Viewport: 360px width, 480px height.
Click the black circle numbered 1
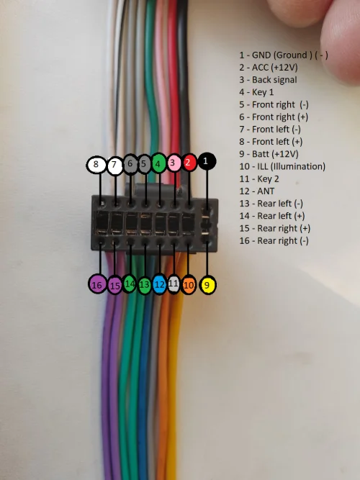pos(207,161)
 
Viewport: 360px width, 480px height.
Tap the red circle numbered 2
pos(189,162)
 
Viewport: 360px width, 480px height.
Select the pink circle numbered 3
pos(174,163)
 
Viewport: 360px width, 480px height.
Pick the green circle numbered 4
pos(159,163)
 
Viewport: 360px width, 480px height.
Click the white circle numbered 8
pos(96,164)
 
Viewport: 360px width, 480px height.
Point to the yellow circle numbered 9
pos(207,285)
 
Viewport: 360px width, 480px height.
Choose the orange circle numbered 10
pos(189,285)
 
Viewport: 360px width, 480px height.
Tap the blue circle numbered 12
pos(160,284)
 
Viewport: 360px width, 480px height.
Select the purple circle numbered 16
pos(97,285)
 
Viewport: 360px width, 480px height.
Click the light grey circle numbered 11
pos(174,284)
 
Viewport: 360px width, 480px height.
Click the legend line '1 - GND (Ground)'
pos(284,55)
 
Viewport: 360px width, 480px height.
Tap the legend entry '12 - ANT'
pos(257,191)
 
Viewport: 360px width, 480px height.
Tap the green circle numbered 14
pos(130,284)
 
